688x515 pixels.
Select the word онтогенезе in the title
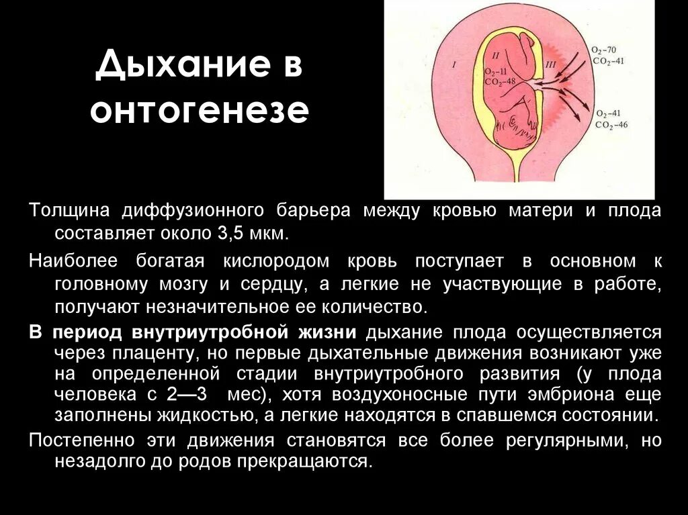(x=200, y=111)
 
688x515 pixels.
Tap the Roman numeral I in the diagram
(x=454, y=65)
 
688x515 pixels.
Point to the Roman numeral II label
(x=496, y=55)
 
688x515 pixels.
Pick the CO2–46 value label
(x=611, y=125)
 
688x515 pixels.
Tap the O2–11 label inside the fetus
(x=497, y=71)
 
